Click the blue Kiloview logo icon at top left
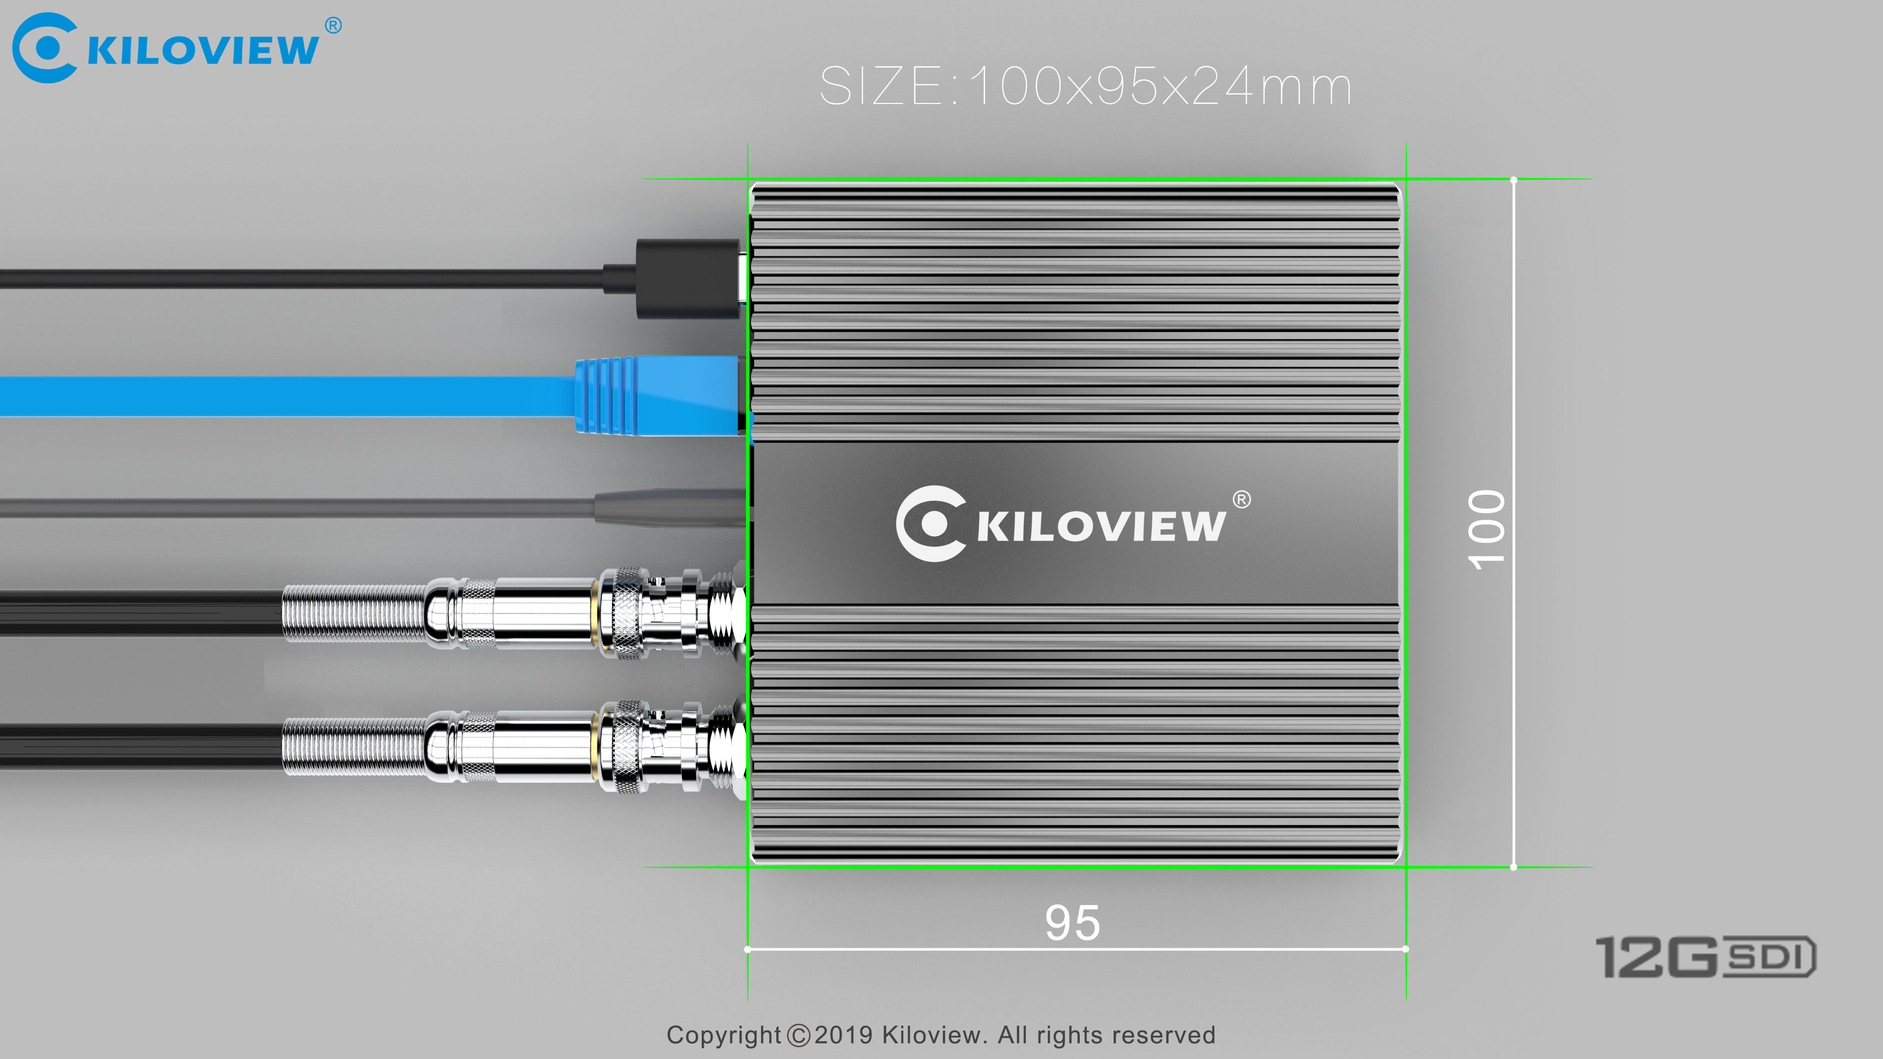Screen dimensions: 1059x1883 click(44, 48)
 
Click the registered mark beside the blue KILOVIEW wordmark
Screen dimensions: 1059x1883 click(333, 25)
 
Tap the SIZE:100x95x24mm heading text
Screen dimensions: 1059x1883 click(1086, 86)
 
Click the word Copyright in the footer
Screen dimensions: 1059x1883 click(724, 1035)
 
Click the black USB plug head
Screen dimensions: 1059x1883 click(687, 278)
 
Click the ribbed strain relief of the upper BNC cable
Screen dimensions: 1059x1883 click(355, 612)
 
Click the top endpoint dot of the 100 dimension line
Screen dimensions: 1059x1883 click(1513, 180)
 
